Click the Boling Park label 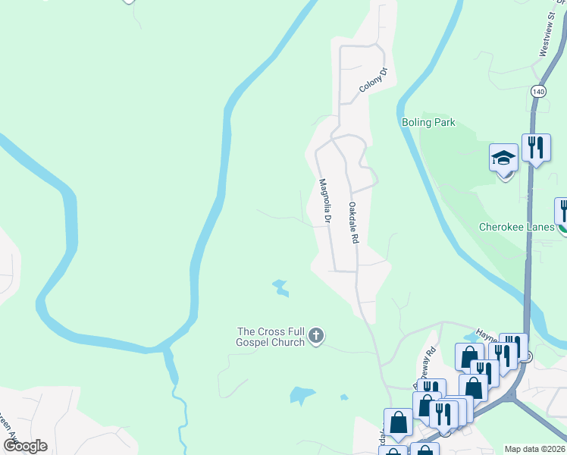click(428, 122)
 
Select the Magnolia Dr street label click(325, 201)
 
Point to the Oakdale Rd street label click(352, 222)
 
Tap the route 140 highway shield click(538, 91)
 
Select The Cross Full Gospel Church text click(271, 337)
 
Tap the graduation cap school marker click(503, 158)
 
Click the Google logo click(26, 445)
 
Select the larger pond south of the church click(301, 395)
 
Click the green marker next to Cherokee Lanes click(562, 227)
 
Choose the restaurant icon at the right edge click(562, 210)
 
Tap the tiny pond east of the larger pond click(344, 397)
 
